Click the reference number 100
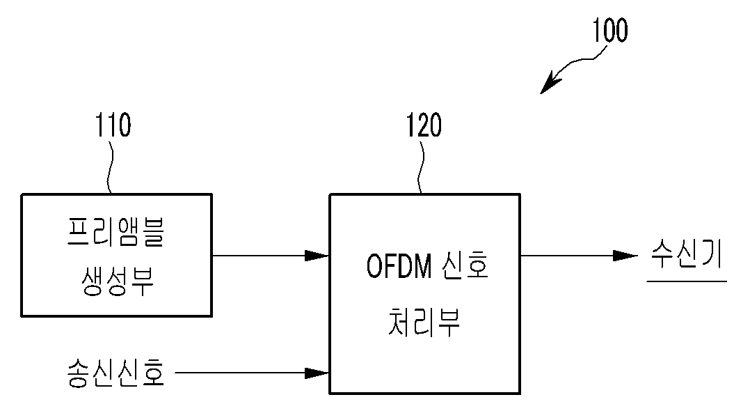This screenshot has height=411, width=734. tap(610, 31)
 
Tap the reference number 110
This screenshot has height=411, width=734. tap(113, 125)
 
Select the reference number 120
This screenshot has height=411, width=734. tap(424, 125)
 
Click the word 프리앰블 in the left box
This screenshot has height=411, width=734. tap(115, 231)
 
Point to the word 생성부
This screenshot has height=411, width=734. tap(117, 281)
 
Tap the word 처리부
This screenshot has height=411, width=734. tap(424, 322)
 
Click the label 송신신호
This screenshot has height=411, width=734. tap(116, 373)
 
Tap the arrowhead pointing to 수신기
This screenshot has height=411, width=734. tap(625, 256)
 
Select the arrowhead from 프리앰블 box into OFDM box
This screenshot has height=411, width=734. tap(317, 256)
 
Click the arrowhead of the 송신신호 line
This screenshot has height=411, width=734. tap(317, 373)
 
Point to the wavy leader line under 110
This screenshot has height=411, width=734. tap(111, 166)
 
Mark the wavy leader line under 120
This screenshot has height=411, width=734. tap(421, 166)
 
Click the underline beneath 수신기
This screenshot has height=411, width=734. tap(687, 281)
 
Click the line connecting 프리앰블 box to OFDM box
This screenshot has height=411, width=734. tap(271, 256)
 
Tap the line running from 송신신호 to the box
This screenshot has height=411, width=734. tap(253, 373)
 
